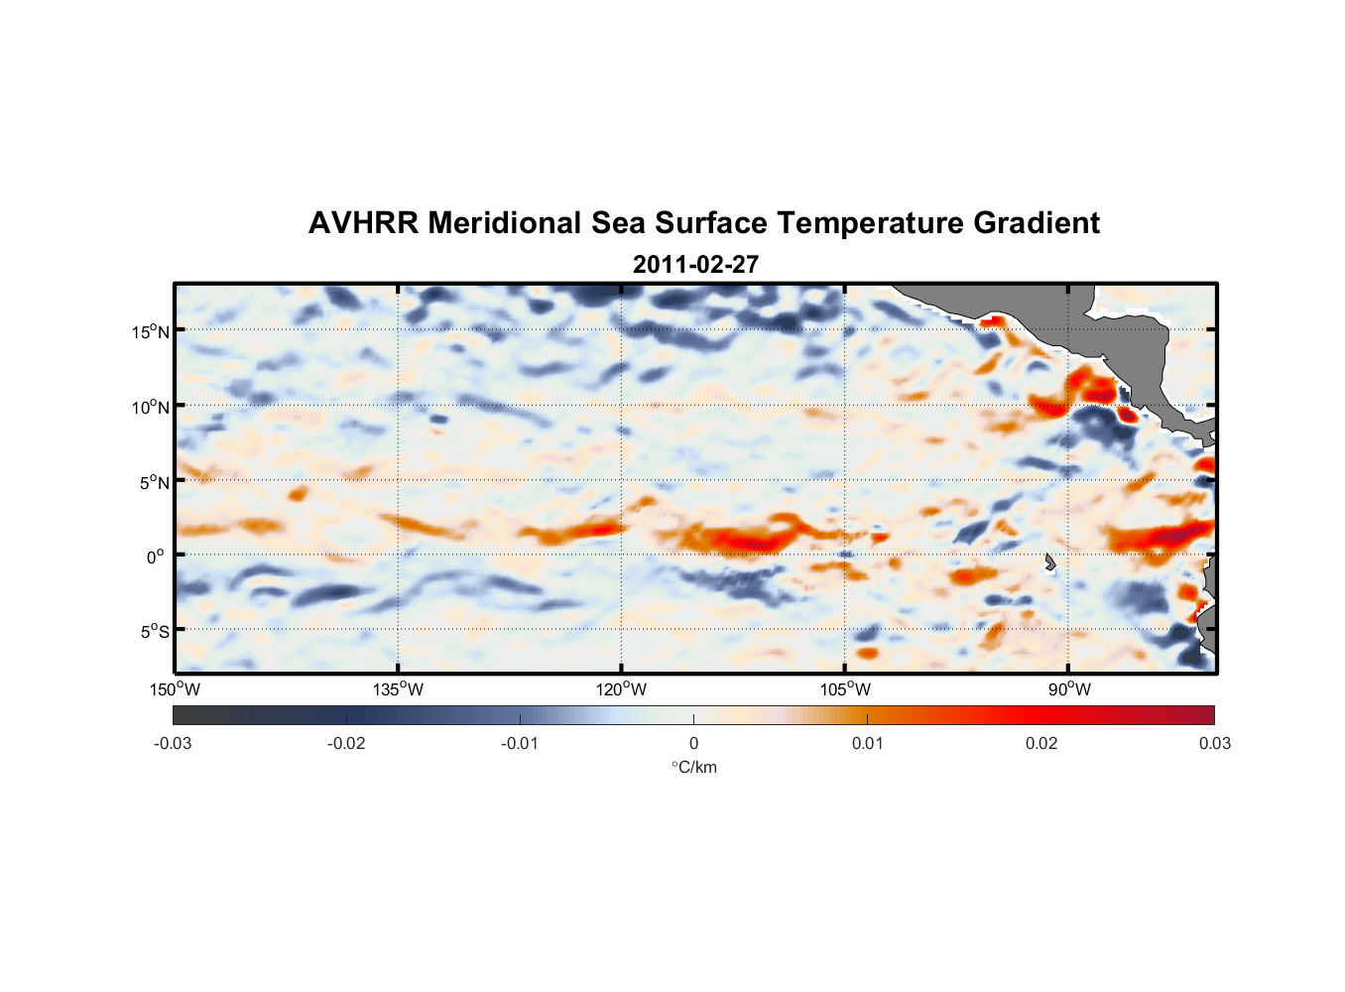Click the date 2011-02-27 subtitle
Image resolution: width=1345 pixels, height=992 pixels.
click(695, 265)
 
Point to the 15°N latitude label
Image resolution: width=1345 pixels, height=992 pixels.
click(150, 331)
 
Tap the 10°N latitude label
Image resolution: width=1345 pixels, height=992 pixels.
click(150, 407)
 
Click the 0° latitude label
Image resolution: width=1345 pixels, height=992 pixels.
click(156, 557)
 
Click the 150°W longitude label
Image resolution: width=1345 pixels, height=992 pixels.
click(175, 689)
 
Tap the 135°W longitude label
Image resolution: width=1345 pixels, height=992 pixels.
click(398, 689)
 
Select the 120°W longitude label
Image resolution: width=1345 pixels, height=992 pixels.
click(621, 689)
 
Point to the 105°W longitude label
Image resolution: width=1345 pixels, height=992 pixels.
click(845, 689)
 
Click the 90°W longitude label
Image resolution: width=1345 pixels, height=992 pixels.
click(1069, 689)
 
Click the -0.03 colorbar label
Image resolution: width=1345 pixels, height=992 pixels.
click(173, 743)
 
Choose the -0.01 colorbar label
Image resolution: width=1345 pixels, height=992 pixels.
click(520, 743)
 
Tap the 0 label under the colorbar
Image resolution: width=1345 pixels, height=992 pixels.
click(693, 743)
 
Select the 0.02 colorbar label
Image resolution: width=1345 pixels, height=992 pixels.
click(1041, 743)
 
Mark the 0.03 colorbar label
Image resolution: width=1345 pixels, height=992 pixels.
click(1214, 743)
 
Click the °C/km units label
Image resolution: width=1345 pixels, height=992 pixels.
click(694, 767)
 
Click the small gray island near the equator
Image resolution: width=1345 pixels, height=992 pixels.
click(1049, 562)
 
